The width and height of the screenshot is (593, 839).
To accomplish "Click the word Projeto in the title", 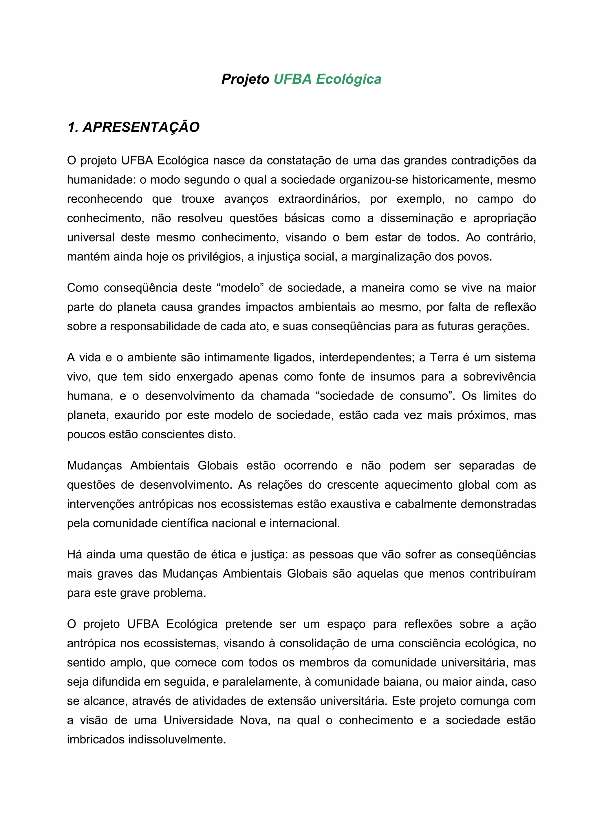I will click(245, 79).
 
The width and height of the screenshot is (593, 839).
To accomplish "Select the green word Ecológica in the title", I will click(348, 79).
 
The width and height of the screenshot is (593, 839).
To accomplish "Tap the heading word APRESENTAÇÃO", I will click(141, 127).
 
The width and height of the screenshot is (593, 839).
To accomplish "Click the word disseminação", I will click(417, 218).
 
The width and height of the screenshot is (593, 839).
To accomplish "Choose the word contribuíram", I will click(502, 574).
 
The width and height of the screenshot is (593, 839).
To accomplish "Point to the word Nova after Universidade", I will click(255, 720).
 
